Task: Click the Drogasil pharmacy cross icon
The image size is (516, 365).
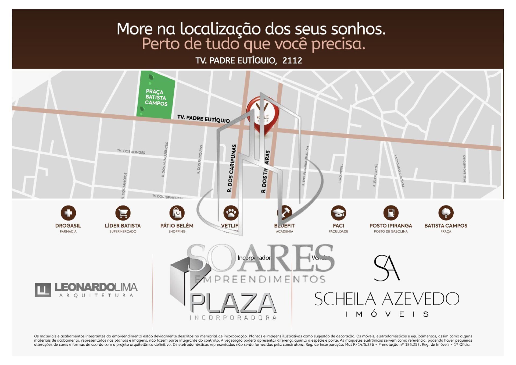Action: coord(68,213)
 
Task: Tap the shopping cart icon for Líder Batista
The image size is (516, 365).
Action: coord(123,213)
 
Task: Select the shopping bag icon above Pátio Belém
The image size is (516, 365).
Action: coord(177,213)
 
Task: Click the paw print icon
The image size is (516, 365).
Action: coord(231,213)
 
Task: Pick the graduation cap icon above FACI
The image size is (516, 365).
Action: coord(338,213)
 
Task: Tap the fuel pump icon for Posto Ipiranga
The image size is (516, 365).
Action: coord(391,213)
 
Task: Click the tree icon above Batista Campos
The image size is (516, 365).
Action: coord(446,213)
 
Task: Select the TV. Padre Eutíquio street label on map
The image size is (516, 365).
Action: coord(203,119)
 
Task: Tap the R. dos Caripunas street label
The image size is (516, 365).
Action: coord(232,168)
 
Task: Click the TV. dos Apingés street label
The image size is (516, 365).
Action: coord(131,151)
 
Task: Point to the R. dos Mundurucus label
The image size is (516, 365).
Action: coord(165,159)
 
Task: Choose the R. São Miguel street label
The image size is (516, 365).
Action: coord(341,174)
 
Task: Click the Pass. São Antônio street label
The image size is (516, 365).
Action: coord(464,169)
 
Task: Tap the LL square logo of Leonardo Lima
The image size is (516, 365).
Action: coord(43,290)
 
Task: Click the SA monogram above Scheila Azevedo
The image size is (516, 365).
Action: coord(386,268)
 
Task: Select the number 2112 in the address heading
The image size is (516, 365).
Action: coord(292,61)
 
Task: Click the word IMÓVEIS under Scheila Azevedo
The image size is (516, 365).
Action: coord(387,314)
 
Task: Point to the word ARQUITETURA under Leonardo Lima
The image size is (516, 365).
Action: coord(96,295)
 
